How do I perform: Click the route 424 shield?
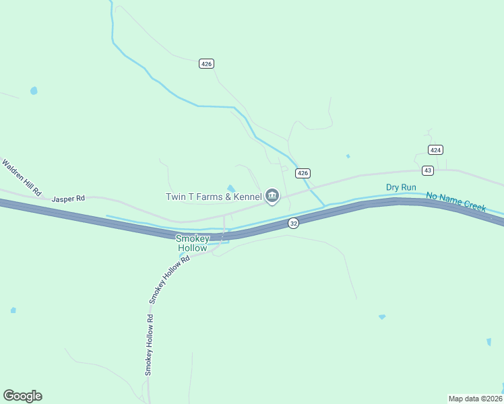pyautogui.click(x=435, y=149)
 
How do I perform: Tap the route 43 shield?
pyautogui.click(x=427, y=170)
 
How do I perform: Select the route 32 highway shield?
pyautogui.click(x=292, y=223)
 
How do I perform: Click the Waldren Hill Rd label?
pyautogui.click(x=22, y=177)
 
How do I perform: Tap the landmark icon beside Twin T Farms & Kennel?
pyautogui.click(x=272, y=196)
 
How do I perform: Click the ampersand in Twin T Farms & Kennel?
pyautogui.click(x=226, y=197)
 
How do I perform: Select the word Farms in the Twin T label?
pyautogui.click(x=207, y=197)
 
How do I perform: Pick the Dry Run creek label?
pyautogui.click(x=400, y=187)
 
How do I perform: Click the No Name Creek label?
pyautogui.click(x=455, y=202)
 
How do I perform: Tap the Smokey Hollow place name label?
pyautogui.click(x=193, y=243)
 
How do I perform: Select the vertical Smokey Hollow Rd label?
pyautogui.click(x=149, y=349)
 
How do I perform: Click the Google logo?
pyautogui.click(x=22, y=396)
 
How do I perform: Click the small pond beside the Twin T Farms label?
pyautogui.click(x=231, y=188)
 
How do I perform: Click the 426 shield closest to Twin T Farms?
pyautogui.click(x=303, y=173)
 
